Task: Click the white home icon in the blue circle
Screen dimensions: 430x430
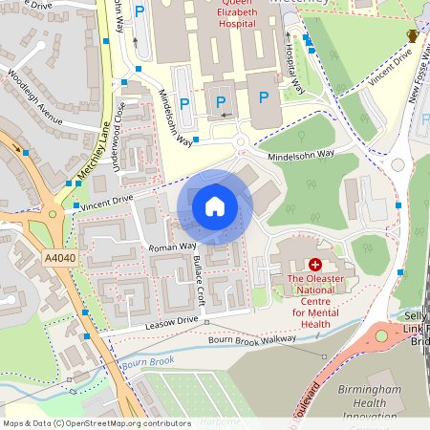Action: tap(215, 206)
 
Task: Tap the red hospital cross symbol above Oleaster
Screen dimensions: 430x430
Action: tap(315, 263)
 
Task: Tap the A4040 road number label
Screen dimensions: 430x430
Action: tap(59, 257)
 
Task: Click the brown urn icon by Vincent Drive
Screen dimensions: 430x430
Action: tap(412, 35)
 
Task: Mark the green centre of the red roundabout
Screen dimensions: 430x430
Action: tap(383, 335)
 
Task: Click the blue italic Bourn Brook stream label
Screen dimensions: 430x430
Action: tap(147, 362)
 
